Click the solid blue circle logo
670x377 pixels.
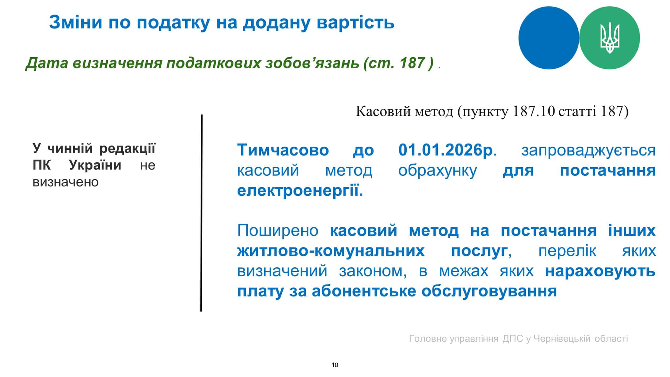click(x=549, y=38)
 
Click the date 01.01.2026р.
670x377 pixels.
click(x=447, y=150)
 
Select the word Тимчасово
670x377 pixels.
click(x=283, y=150)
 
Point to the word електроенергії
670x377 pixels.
click(x=300, y=190)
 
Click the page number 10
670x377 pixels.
click(x=335, y=365)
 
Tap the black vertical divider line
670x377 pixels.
click(x=202, y=213)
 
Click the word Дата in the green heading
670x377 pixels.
click(x=46, y=63)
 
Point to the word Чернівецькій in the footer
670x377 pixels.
click(x=562, y=338)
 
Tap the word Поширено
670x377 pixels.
click(x=278, y=230)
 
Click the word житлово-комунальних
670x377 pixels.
click(x=331, y=251)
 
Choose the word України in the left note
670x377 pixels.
click(x=95, y=165)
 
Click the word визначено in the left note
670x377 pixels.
click(x=65, y=182)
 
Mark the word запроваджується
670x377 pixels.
click(x=588, y=151)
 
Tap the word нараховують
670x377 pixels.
click(x=600, y=271)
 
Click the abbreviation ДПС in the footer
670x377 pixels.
click(x=513, y=338)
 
